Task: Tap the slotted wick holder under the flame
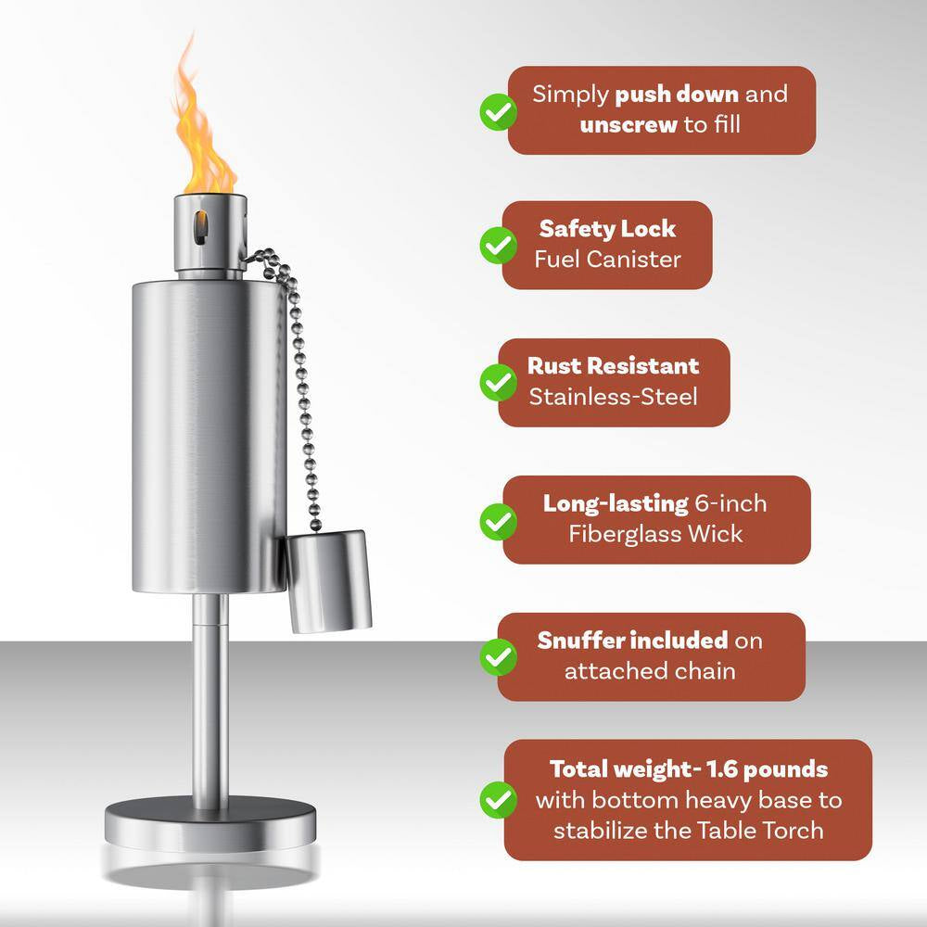pos(210,230)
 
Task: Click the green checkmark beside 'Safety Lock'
pos(499,246)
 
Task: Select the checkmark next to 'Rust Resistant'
pos(499,382)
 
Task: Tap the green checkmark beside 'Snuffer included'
pos(499,656)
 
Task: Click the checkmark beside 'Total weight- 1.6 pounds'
pos(499,799)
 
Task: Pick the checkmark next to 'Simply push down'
pos(499,110)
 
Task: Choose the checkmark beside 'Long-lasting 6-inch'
pos(499,520)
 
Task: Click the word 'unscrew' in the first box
pos(629,124)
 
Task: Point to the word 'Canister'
pos(635,260)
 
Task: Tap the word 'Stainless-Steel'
pos(613,397)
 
